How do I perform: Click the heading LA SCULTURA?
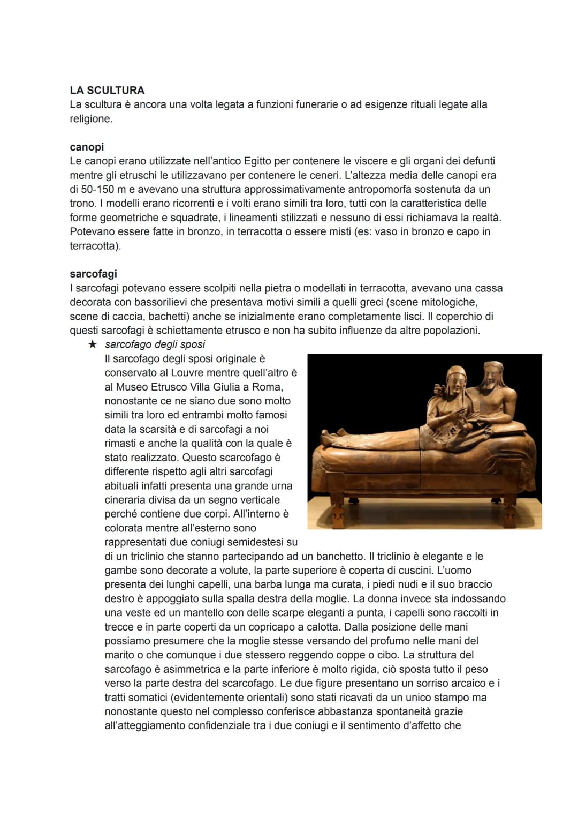(107, 90)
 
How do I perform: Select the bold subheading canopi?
(87, 147)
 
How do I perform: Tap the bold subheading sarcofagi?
(93, 274)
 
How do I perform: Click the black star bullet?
(92, 344)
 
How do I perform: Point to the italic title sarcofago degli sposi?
(155, 344)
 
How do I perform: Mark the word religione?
(90, 118)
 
